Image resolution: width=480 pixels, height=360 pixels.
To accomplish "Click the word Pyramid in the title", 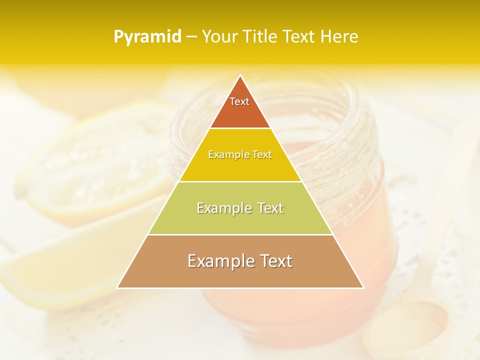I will coord(147,37).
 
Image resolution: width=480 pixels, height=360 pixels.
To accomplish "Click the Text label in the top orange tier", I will coord(239,101).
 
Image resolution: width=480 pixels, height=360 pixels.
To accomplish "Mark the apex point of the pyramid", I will coord(240,75).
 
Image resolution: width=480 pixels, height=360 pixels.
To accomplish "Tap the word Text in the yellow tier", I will coord(262,154).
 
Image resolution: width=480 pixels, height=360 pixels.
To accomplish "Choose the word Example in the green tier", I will coord(223,208).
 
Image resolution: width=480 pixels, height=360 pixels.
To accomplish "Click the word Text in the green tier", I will coord(270,208).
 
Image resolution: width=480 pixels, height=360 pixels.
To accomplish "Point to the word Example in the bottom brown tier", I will coord(219,261).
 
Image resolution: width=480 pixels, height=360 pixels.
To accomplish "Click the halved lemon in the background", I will coord(95,165).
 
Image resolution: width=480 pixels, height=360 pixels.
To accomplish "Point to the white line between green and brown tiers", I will coord(240,234).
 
